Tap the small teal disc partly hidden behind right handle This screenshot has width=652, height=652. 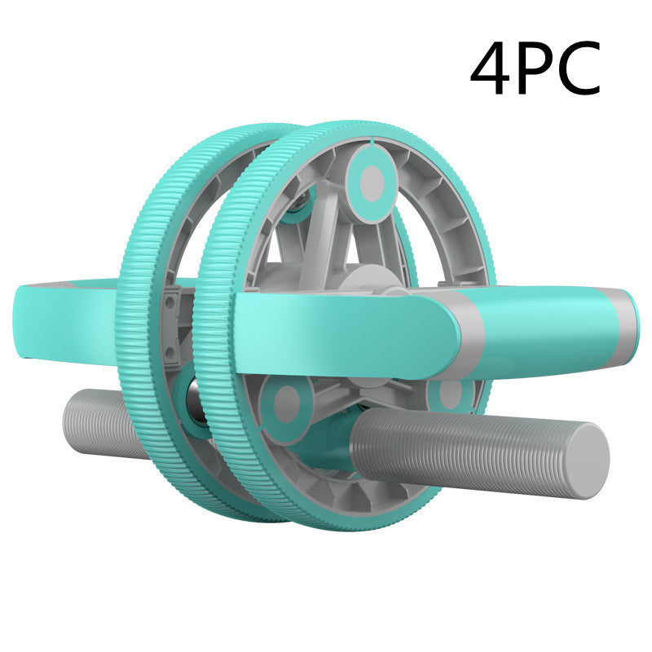(450, 394)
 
